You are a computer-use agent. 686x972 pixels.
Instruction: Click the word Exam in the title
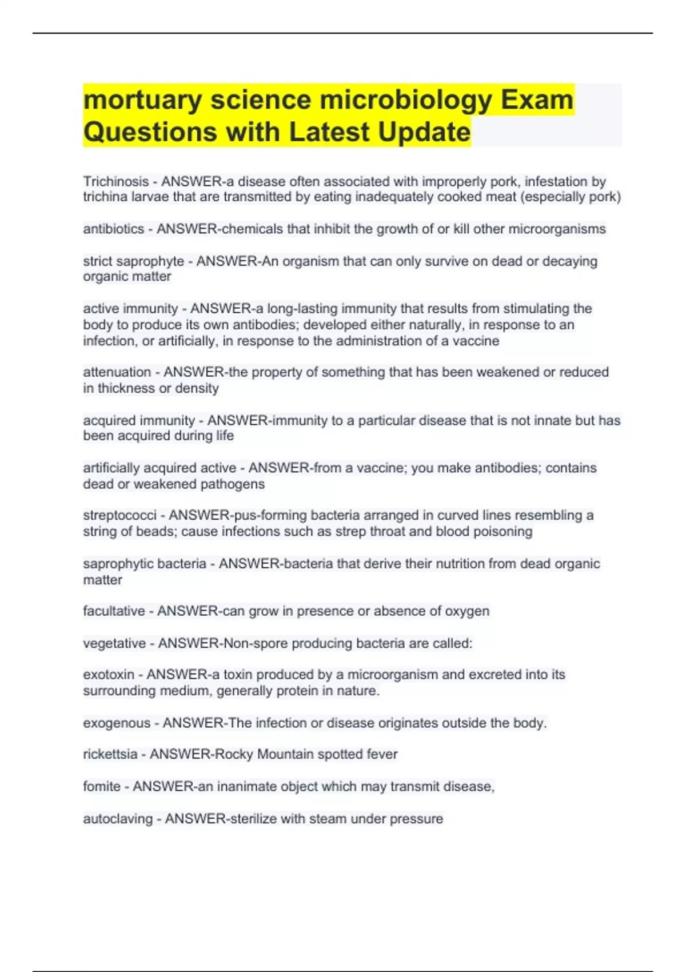pyautogui.click(x=537, y=100)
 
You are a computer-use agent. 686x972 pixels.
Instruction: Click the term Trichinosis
pyautogui.click(x=115, y=181)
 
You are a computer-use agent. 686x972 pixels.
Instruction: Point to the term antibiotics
pyautogui.click(x=113, y=229)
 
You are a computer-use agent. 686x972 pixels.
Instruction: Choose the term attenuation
pyautogui.click(x=117, y=372)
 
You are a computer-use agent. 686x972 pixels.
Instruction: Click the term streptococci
pyautogui.click(x=119, y=515)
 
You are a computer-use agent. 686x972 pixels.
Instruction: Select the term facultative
pyautogui.click(x=114, y=611)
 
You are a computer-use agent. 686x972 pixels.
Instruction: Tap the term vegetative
pyautogui.click(x=114, y=644)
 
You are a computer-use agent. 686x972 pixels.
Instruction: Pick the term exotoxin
pyautogui.click(x=109, y=675)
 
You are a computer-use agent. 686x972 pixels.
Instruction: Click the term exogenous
pyautogui.click(x=116, y=723)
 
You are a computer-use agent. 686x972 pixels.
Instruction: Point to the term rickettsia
pyautogui.click(x=110, y=754)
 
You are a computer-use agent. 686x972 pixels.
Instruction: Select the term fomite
pyautogui.click(x=102, y=787)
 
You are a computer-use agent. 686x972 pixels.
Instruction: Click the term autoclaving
pyautogui.click(x=118, y=819)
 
